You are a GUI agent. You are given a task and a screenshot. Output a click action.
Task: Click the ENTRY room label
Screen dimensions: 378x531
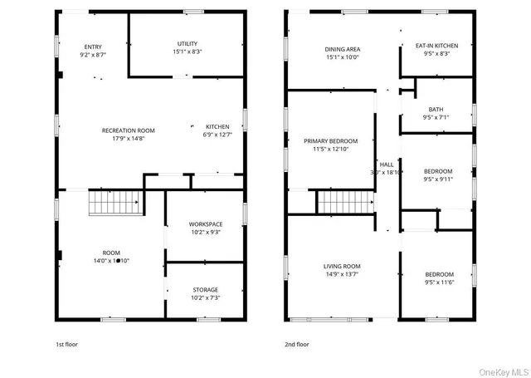pyautogui.click(x=93, y=46)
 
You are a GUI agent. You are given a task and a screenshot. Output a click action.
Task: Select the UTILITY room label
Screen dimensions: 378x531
pyautogui.click(x=187, y=43)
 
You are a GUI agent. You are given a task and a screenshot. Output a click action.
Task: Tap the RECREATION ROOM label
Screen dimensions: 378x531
pyautogui.click(x=128, y=130)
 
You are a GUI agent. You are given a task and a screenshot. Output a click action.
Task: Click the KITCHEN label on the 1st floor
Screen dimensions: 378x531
pyautogui.click(x=218, y=127)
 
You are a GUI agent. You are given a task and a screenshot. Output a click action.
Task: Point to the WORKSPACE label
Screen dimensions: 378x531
pyautogui.click(x=205, y=224)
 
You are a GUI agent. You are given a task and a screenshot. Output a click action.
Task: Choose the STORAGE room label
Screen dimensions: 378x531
pyautogui.click(x=205, y=289)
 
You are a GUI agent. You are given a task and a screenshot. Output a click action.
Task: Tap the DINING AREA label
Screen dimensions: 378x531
pyautogui.click(x=342, y=49)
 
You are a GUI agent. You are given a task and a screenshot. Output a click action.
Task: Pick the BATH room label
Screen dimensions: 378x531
pyautogui.click(x=436, y=110)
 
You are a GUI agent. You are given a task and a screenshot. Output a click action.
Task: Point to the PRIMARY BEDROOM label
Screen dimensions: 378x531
pyautogui.click(x=330, y=141)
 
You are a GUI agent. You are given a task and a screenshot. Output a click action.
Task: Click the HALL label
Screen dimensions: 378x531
pyautogui.click(x=387, y=164)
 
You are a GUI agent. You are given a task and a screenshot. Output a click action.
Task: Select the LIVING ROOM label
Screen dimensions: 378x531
pyautogui.click(x=347, y=266)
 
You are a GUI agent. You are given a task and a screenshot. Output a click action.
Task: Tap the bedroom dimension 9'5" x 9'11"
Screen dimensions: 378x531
pyautogui.click(x=438, y=179)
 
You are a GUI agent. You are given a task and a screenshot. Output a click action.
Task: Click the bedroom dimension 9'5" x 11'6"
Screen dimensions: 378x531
pyautogui.click(x=439, y=282)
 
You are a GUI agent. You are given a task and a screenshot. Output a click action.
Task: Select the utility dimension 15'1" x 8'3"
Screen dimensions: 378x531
pyautogui.click(x=187, y=52)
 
